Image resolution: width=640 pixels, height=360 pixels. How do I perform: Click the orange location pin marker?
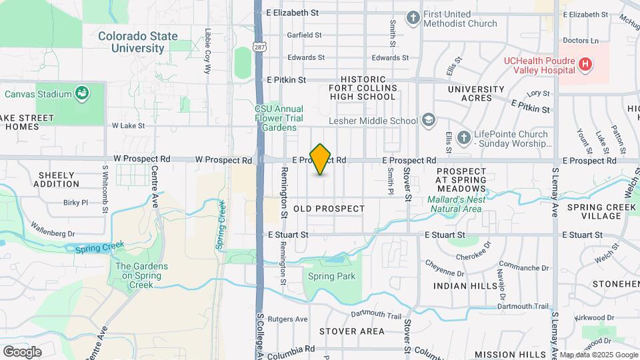tap(321, 159)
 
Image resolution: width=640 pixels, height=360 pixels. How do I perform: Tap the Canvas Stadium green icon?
tap(82, 93)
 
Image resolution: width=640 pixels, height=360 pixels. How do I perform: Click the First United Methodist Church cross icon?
tap(413, 18)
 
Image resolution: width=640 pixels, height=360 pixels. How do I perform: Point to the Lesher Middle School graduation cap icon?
tap(429, 121)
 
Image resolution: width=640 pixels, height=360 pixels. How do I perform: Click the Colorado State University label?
tap(138, 42)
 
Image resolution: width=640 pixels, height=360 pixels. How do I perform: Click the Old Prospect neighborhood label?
tap(329, 209)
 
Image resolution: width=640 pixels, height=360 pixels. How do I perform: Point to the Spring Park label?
tap(332, 277)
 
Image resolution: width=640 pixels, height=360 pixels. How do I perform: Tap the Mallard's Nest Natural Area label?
tap(456, 203)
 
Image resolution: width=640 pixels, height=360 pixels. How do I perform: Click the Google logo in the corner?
tap(22, 351)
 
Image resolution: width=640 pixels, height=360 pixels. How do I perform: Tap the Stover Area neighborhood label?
tap(351, 331)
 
